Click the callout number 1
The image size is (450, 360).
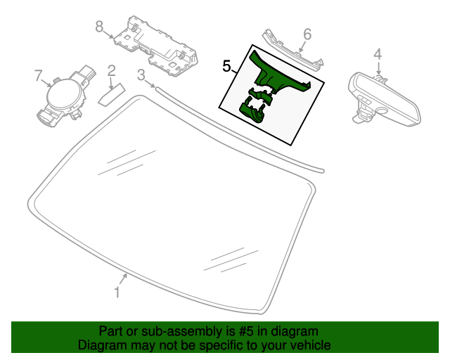click(x=117, y=292)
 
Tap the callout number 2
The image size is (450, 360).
click(x=111, y=70)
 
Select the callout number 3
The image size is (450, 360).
click(x=141, y=74)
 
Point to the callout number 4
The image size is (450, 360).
click(x=378, y=53)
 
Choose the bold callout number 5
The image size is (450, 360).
click(x=226, y=67)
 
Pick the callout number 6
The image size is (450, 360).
click(x=307, y=34)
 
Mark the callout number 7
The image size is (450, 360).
click(x=38, y=75)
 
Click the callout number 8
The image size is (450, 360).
click(x=99, y=27)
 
